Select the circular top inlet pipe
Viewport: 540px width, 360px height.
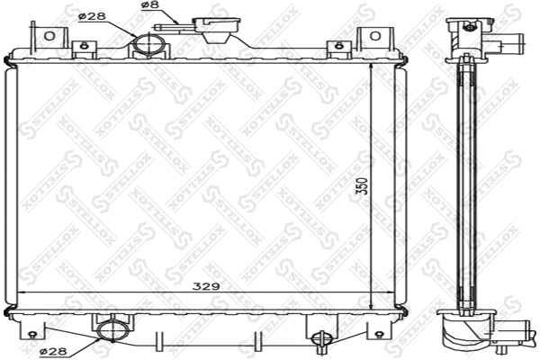tap(147, 45)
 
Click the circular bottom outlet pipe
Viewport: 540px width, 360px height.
tap(112, 329)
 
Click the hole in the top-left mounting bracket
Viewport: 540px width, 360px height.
tap(49, 36)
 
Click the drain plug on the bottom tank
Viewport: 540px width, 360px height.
tap(321, 338)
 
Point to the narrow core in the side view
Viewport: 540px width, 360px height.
tap(467, 180)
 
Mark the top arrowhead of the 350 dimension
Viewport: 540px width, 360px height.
tap(371, 69)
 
